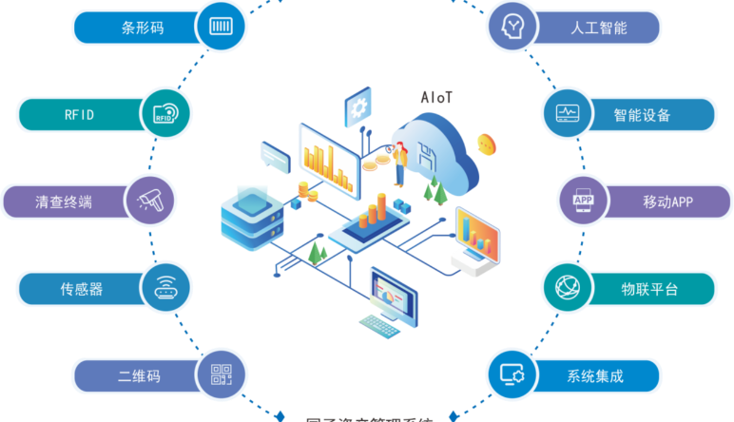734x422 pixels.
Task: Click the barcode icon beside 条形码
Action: tap(221, 27)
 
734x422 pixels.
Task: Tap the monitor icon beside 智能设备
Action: tap(568, 114)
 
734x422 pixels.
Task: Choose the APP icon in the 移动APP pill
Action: tap(582, 201)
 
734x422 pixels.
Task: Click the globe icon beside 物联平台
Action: tap(568, 288)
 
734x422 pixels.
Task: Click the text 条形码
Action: tap(143, 28)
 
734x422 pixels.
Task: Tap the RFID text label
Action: tap(79, 115)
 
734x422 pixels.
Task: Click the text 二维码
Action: tap(139, 376)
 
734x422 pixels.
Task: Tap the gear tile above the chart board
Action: tap(358, 105)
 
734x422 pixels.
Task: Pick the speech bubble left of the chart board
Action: tap(274, 153)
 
